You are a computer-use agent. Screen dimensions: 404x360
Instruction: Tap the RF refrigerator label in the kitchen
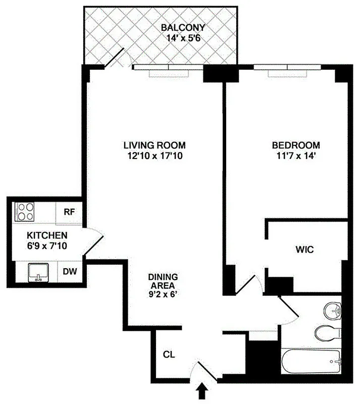(x=69, y=212)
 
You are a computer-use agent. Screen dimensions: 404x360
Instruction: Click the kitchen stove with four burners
(x=24, y=212)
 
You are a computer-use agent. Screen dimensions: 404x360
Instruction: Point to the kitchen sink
(x=37, y=273)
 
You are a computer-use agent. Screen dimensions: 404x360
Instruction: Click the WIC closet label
(x=305, y=249)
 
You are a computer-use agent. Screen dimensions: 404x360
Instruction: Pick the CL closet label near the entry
(x=169, y=355)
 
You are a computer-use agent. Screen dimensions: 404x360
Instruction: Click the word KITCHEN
(x=47, y=235)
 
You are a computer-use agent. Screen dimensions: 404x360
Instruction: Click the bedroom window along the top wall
(x=286, y=69)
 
